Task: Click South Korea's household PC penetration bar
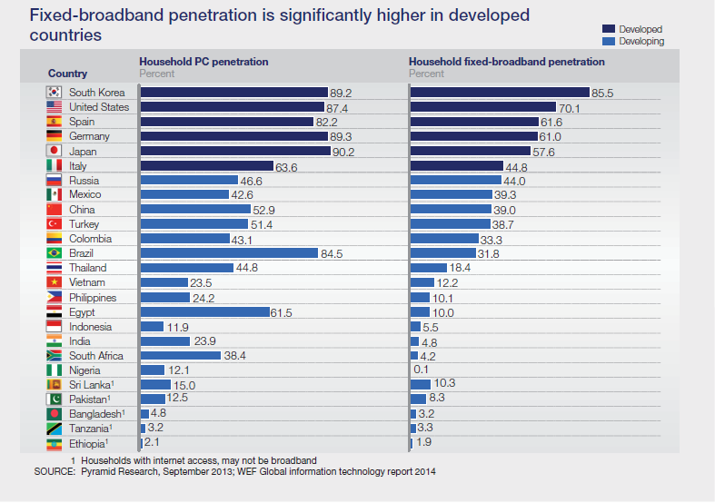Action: pos(233,93)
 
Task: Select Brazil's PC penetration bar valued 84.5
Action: pos(229,253)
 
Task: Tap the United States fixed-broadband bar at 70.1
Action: pos(485,107)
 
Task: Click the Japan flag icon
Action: pos(54,151)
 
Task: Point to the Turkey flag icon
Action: pos(54,224)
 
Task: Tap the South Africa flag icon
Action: pos(54,356)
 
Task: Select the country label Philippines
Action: pos(93,298)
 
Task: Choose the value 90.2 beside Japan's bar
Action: pos(343,152)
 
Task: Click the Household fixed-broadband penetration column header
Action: pos(506,62)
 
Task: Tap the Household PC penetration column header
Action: pos(203,62)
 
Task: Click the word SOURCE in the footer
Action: pos(55,472)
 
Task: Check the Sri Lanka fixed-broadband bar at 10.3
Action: pos(421,385)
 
